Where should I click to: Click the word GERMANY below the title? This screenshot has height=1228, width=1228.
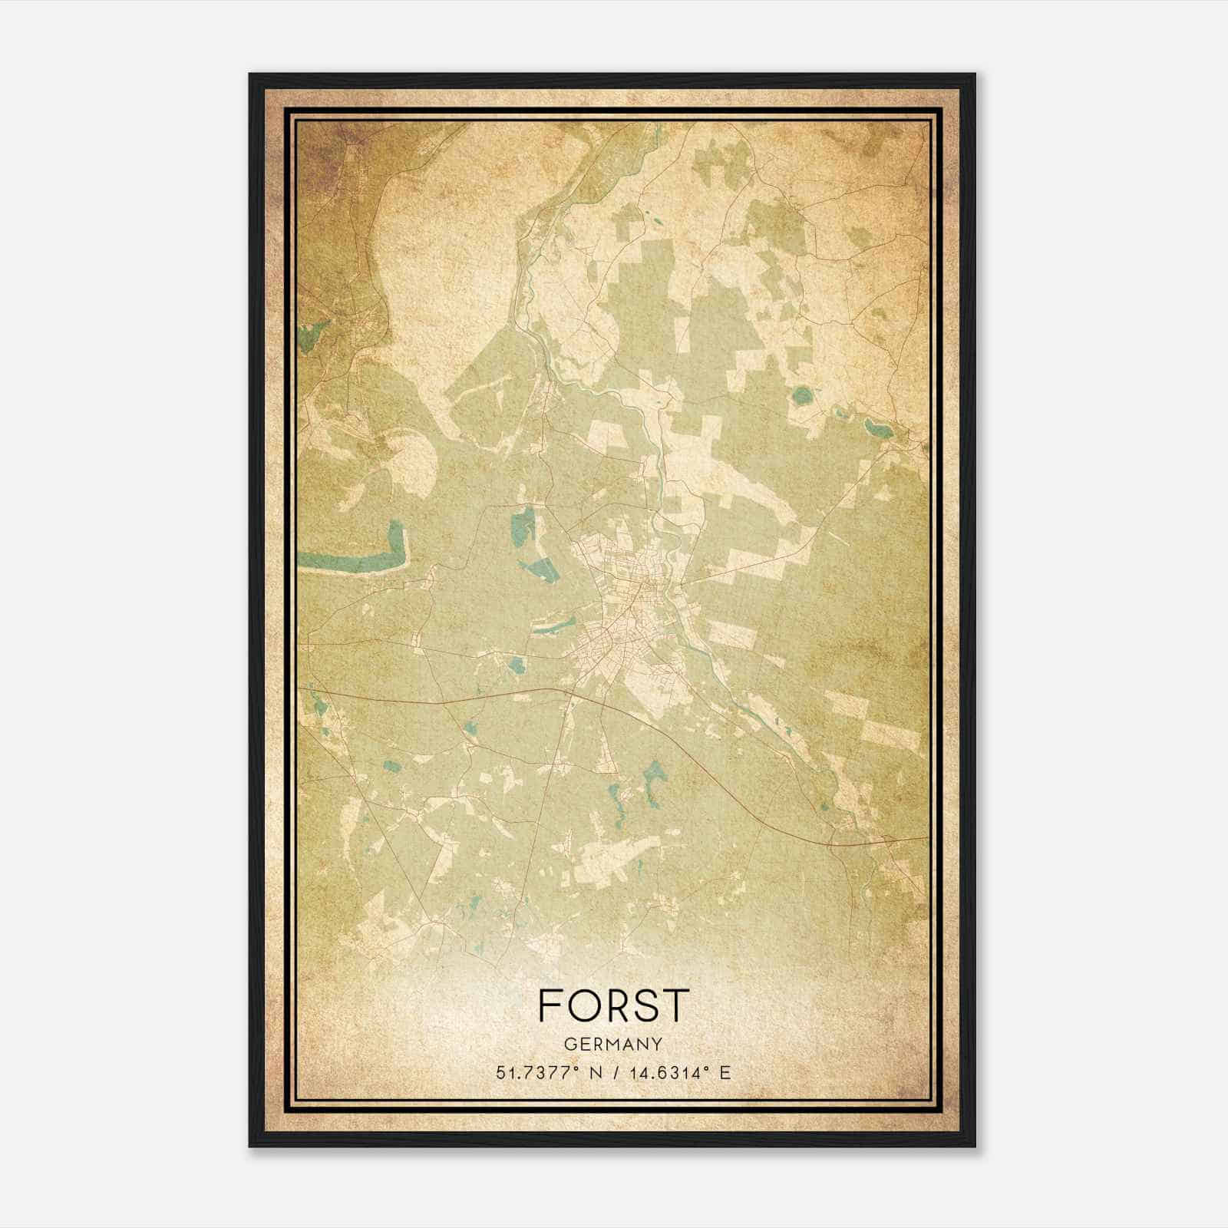click(x=613, y=1044)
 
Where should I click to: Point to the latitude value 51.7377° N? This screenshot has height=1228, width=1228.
click(x=547, y=1072)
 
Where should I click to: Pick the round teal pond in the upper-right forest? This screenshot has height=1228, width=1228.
click(x=802, y=396)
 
